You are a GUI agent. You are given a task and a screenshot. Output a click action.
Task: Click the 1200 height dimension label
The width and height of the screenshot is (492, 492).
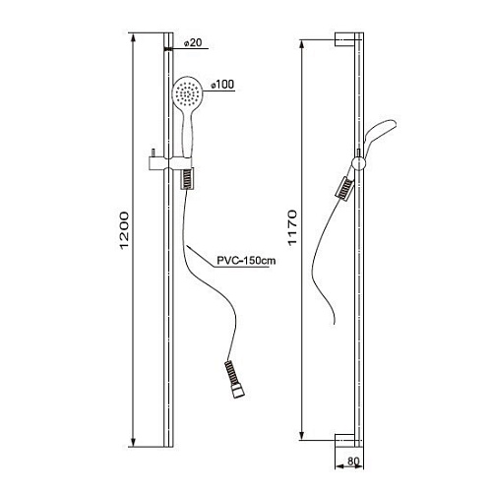[125, 230]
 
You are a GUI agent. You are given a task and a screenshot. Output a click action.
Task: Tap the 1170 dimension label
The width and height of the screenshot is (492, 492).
[291, 227]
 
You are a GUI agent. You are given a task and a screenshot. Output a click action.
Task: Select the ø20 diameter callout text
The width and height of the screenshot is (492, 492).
[193, 43]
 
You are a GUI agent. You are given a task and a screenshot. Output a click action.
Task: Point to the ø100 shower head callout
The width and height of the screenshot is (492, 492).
[222, 85]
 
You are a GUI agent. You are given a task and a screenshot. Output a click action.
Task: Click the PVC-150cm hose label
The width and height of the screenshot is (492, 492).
[246, 261]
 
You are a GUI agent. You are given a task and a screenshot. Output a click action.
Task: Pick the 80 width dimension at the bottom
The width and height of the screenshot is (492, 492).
[353, 461]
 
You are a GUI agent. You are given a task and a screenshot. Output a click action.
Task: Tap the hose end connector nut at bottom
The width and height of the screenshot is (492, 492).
[238, 393]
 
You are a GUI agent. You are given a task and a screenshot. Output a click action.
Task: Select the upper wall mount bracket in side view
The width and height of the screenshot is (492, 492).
[344, 39]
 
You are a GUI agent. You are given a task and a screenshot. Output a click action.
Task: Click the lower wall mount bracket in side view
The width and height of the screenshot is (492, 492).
[344, 441]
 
